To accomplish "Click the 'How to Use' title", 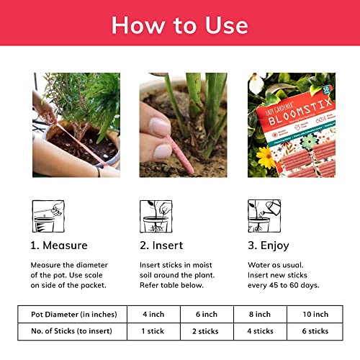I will click(180, 25).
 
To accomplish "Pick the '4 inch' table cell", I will click(153, 314).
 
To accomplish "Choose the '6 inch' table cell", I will click(207, 314).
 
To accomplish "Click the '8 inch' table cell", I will click(260, 314).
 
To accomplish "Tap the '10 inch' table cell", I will click(314, 314).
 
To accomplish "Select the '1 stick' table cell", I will click(153, 331).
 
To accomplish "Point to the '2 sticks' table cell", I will click(207, 331).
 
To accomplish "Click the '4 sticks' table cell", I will click(260, 331).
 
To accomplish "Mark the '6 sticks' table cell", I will click(314, 331).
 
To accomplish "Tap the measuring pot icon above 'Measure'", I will click(48, 216).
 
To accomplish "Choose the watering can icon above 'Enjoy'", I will click(264, 216).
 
